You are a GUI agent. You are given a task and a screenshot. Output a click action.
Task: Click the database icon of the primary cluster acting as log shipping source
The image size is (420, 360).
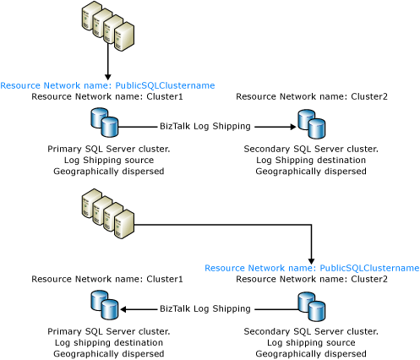click(105, 123)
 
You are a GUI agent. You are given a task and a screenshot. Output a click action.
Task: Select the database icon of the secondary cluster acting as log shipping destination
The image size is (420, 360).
click(311, 123)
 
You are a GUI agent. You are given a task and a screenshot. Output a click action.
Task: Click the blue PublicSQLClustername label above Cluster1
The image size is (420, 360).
click(107, 85)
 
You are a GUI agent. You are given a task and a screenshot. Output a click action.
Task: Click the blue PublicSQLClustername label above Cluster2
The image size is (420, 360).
click(312, 268)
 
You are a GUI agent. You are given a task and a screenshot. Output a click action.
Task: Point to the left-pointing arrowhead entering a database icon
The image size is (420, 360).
click(124, 309)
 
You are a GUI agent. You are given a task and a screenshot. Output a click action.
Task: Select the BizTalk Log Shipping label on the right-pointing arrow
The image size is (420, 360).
click(205, 127)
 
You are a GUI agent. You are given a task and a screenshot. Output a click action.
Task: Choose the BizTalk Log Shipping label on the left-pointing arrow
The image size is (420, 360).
click(205, 309)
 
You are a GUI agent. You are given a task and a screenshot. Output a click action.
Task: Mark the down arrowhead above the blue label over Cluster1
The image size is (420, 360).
click(107, 76)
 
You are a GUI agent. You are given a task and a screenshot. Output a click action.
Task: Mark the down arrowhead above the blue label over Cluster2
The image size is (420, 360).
click(312, 259)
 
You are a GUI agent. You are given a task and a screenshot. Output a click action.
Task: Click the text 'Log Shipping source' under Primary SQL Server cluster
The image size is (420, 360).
click(108, 160)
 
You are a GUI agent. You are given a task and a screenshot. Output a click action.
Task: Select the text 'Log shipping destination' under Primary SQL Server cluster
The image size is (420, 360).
click(108, 342)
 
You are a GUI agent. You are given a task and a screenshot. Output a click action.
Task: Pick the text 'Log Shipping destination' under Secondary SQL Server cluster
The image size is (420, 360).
click(311, 160)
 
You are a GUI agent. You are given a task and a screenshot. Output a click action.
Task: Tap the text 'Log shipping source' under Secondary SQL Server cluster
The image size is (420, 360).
click(311, 342)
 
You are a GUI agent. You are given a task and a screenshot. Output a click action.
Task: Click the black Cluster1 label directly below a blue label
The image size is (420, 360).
click(107, 96)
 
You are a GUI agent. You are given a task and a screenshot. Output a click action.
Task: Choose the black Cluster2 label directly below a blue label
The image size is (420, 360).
click(312, 279)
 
